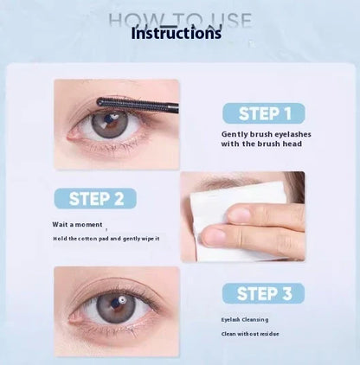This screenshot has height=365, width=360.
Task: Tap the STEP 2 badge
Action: (x=96, y=198)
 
